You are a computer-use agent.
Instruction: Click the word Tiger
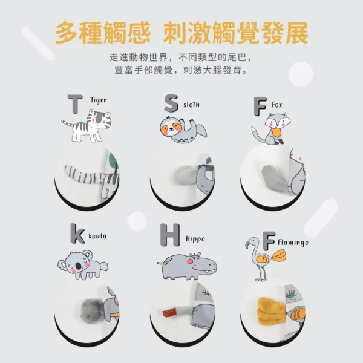(99, 100)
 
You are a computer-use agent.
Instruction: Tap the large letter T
(75, 104)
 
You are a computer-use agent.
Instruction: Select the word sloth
(191, 105)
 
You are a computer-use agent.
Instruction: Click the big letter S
(171, 103)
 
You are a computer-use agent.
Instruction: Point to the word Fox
(277, 105)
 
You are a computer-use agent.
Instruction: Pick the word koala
(97, 236)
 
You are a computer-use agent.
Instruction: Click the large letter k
(77, 234)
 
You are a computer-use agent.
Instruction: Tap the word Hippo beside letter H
(195, 239)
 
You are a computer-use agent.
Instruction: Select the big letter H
(170, 235)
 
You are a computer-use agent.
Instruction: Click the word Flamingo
(293, 243)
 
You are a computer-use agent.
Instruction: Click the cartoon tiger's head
(99, 120)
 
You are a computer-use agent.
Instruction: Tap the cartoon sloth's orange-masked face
(171, 127)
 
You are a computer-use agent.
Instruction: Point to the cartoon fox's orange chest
(276, 132)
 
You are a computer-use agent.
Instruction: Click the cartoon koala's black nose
(79, 266)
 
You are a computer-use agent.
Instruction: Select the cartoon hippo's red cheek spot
(190, 261)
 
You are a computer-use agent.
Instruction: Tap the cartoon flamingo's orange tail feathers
(279, 255)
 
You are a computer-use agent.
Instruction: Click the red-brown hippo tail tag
(169, 313)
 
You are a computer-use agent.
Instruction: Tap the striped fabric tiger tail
(83, 175)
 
